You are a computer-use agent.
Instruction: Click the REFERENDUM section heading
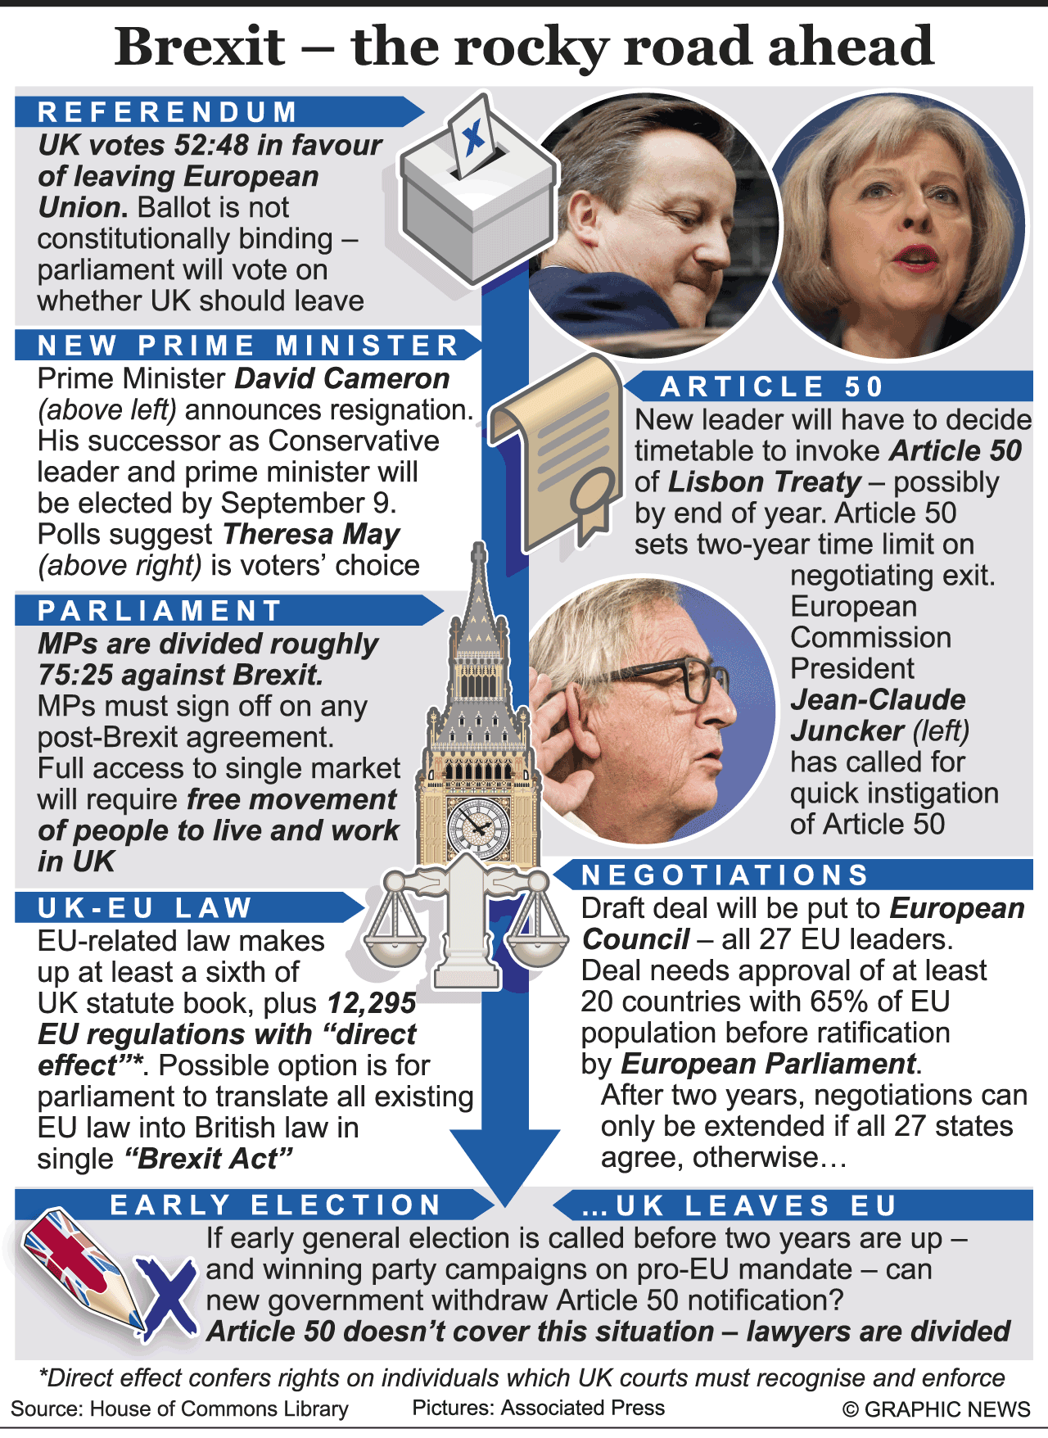click(x=168, y=112)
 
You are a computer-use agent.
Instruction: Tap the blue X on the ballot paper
click(x=472, y=137)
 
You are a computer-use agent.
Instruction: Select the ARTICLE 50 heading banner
click(x=772, y=387)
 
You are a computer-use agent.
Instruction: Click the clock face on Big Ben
click(x=478, y=824)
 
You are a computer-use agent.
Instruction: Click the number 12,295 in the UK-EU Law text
click(x=371, y=1003)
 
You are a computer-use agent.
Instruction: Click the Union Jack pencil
click(x=82, y=1265)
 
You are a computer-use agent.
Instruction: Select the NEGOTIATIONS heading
click(x=725, y=875)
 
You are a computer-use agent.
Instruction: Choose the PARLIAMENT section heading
click(x=160, y=611)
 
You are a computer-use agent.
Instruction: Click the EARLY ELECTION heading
click(x=276, y=1205)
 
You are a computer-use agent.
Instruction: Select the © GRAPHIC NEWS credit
click(x=936, y=1409)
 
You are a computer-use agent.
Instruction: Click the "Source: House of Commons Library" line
click(x=179, y=1409)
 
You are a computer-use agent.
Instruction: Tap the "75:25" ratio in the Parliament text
click(x=76, y=675)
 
